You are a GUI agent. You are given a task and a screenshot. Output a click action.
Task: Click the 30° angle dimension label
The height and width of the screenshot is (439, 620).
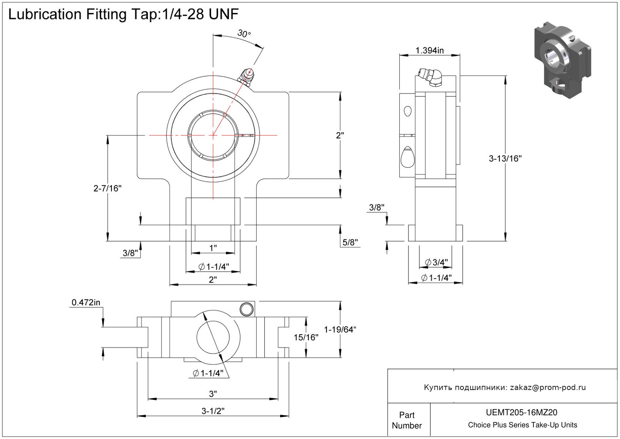pos(244,34)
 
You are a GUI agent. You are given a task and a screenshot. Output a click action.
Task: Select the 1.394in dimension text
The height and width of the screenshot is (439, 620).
pos(429,50)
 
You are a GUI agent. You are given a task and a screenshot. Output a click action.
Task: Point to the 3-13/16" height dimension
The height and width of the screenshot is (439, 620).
pos(505,159)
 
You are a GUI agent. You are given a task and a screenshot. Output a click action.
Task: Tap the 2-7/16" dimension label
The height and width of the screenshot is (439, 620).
pos(108,188)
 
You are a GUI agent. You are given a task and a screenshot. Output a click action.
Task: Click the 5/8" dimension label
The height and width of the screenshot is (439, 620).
pos(350,242)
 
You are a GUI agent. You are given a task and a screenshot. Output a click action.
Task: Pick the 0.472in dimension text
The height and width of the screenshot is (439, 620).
pos(86,302)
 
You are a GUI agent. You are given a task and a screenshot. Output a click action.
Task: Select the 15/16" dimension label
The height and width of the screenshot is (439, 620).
pos(306,337)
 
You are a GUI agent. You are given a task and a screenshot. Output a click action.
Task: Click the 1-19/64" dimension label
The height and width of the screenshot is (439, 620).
pos(340,329)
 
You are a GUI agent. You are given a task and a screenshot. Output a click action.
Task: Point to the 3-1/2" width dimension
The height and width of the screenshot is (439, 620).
pos(213,411)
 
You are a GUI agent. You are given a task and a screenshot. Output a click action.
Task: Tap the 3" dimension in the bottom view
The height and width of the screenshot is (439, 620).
pos(213,394)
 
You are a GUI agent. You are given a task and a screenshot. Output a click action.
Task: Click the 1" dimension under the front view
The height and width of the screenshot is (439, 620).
pos(213,248)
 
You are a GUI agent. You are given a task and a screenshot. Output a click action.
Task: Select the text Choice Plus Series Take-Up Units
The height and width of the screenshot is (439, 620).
pos(522,425)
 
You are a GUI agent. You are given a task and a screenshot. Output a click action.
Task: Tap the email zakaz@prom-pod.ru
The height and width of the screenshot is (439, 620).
pos(548,387)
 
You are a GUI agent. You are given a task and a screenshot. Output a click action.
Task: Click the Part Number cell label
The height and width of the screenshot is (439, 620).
pos(407,420)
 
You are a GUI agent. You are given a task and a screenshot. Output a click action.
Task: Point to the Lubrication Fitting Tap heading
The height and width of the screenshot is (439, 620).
pos(123,14)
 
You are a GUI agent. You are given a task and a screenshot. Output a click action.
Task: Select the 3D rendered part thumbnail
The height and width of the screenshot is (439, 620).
pos(562,60)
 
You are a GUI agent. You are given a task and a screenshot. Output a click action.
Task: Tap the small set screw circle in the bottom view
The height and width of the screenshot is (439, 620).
pos(246,309)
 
